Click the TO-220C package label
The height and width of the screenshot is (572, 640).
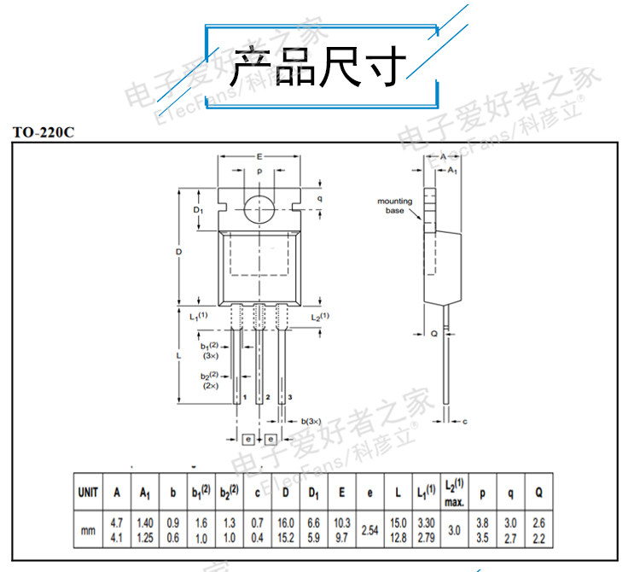(x=44, y=133)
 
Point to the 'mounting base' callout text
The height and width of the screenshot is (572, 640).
(x=395, y=206)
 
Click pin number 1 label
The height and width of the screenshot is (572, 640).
(x=245, y=399)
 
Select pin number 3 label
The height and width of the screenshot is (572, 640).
(x=290, y=399)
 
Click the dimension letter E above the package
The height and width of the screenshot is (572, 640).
(x=259, y=157)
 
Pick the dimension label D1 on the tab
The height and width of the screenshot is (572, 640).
(x=197, y=209)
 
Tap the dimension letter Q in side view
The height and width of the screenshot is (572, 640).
(x=433, y=334)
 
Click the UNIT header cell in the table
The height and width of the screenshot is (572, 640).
(x=88, y=493)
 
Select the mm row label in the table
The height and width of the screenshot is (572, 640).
(x=88, y=530)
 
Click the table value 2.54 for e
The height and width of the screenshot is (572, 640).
(x=369, y=530)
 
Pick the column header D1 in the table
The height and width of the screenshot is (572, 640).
(x=313, y=493)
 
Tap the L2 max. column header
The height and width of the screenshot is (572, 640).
(x=453, y=492)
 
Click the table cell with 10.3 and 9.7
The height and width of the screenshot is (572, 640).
(x=341, y=530)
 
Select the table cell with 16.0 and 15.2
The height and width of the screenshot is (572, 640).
(x=286, y=530)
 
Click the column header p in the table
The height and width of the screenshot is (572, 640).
(x=482, y=493)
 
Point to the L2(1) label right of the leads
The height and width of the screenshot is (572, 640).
(x=320, y=317)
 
